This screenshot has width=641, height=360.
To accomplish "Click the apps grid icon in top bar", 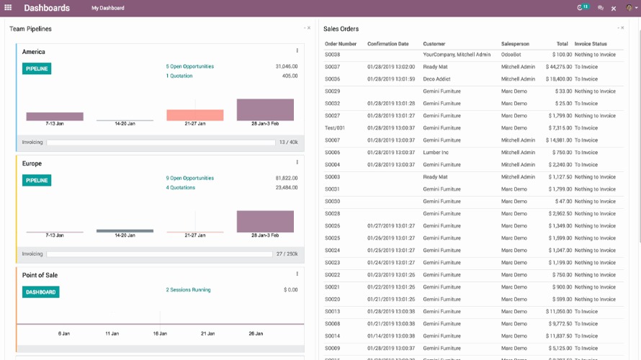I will click(8, 8).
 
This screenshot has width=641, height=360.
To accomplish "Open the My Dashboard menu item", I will click(107, 8).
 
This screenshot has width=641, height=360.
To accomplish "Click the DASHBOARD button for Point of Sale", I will click(40, 292).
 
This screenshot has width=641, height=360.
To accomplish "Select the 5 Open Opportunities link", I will click(189, 66).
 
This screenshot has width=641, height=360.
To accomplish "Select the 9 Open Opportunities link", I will click(189, 178).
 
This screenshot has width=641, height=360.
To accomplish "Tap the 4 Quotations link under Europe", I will click(180, 187).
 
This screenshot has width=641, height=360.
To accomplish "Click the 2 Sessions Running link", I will click(188, 289).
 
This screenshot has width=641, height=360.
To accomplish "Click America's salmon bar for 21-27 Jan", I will click(194, 115).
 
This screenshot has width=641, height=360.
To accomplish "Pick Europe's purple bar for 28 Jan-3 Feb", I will click(265, 221).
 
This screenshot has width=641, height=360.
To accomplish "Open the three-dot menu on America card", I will click(297, 50).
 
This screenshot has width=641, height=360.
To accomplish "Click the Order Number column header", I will click(341, 44).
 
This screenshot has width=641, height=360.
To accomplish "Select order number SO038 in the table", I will click(332, 55).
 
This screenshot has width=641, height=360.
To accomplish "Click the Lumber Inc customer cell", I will click(436, 153).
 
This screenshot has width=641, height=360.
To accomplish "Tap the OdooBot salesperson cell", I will click(511, 55).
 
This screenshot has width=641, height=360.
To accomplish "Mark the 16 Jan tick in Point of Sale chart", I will click(159, 333).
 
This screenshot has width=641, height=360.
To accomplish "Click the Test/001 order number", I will click(335, 128).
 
